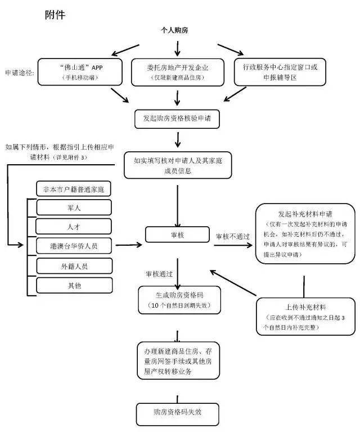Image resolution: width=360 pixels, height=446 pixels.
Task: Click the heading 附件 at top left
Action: coord(55,15)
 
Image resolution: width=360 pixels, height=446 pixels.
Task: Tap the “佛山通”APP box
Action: coord(78,72)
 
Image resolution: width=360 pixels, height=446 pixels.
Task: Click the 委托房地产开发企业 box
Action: coord(177,72)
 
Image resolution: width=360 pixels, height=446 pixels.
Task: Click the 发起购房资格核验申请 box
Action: coord(177,119)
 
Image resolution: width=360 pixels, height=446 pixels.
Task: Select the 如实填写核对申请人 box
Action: coord(178,165)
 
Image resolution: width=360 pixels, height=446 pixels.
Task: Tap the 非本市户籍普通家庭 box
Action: coord(73,188)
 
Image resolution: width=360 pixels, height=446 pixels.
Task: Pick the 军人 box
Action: coord(74,208)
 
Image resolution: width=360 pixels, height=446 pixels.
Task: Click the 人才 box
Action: coord(74,226)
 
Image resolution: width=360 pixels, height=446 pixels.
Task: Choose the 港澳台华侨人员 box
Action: coord(74,246)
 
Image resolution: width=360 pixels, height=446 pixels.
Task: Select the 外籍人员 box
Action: coord(74,265)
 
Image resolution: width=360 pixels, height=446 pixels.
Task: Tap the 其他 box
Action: coord(74,285)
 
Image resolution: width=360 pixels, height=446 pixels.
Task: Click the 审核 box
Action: coord(177,235)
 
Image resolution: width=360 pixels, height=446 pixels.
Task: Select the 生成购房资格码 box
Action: coord(177,300)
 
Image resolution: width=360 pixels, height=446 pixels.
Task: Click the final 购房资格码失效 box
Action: coord(177,413)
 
